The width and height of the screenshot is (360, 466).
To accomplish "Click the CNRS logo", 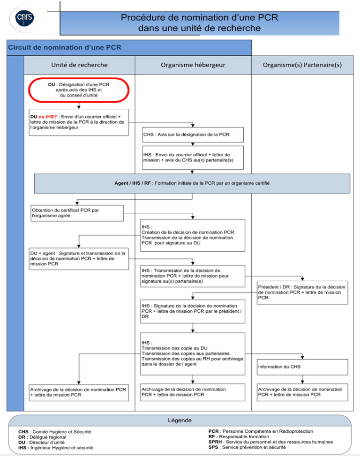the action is [25, 18].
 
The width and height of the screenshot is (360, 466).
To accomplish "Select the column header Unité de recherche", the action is [79, 65].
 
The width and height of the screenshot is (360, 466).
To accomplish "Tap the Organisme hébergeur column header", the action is [193, 65].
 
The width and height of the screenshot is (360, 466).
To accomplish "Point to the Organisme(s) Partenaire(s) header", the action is [302, 65].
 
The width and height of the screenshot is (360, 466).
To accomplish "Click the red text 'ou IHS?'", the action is [47, 116].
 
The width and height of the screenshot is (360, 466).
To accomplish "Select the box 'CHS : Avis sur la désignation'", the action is [193, 135].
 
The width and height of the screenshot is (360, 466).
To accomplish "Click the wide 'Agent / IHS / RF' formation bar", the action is [192, 183].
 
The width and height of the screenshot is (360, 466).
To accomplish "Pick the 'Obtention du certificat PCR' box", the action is [77, 213].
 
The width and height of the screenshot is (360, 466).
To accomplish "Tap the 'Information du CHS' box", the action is [302, 367].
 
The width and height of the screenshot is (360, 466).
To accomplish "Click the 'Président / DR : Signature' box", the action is [302, 293].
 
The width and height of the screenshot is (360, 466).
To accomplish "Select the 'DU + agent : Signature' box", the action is [79, 259].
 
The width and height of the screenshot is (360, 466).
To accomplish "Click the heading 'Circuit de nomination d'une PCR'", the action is [65, 47].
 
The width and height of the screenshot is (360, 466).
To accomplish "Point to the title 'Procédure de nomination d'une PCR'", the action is [200, 17].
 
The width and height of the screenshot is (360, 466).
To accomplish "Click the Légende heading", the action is [180, 420].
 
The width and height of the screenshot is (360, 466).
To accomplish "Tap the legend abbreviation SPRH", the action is [216, 442].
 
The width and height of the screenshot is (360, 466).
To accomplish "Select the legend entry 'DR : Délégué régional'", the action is [42, 437].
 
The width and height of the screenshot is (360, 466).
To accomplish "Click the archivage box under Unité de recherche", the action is [79, 392].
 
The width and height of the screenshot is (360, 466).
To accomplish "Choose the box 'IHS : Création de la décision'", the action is [193, 235].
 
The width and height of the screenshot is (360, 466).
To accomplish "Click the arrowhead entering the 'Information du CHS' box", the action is [302, 357].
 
